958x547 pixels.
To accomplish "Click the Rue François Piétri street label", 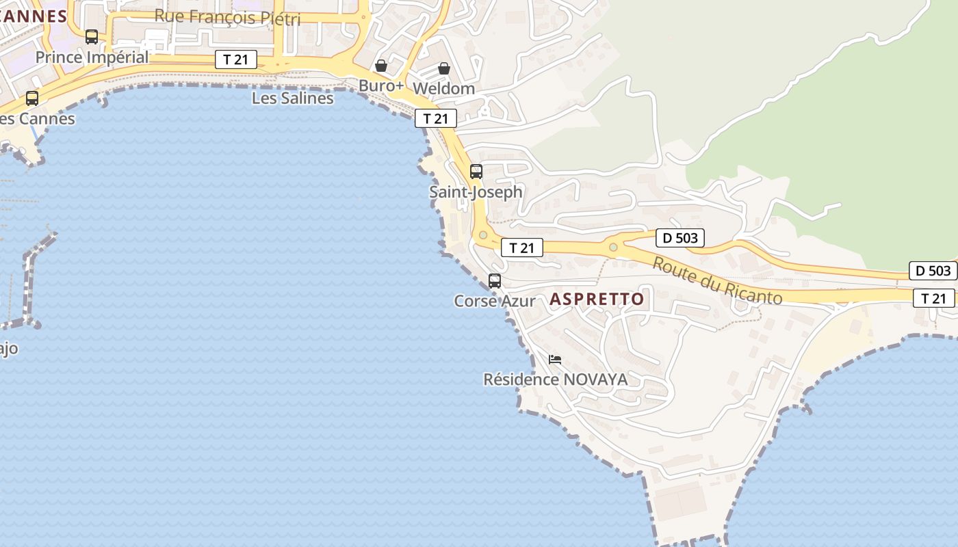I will point(227,17).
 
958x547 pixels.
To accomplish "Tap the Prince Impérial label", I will point(92,57).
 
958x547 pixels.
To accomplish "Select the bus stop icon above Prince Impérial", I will point(92,37).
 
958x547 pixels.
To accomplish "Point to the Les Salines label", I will point(292,98).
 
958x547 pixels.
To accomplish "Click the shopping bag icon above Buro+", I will point(381,66).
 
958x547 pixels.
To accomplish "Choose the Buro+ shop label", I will point(381,86).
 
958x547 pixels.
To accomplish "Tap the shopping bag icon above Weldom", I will point(444,68).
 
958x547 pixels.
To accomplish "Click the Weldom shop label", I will point(444,89).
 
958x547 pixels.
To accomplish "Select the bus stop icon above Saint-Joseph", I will point(476,172).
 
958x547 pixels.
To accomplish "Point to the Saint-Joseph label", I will point(476,192).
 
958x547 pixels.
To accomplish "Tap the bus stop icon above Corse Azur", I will point(495,280).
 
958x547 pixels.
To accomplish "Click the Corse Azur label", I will point(495,301).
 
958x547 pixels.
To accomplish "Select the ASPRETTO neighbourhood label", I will point(597,299).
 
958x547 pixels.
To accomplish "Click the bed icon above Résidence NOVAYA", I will point(555,359).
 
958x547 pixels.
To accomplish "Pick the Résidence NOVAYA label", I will point(555,379).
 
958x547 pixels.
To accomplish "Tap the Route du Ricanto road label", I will point(716,280).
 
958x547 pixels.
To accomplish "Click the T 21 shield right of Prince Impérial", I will point(235,59).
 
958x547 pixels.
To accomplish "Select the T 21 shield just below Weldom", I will point(435,118).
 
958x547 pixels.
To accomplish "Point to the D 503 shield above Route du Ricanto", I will point(679,238).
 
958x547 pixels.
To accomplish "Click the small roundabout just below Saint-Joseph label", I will point(483,235).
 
